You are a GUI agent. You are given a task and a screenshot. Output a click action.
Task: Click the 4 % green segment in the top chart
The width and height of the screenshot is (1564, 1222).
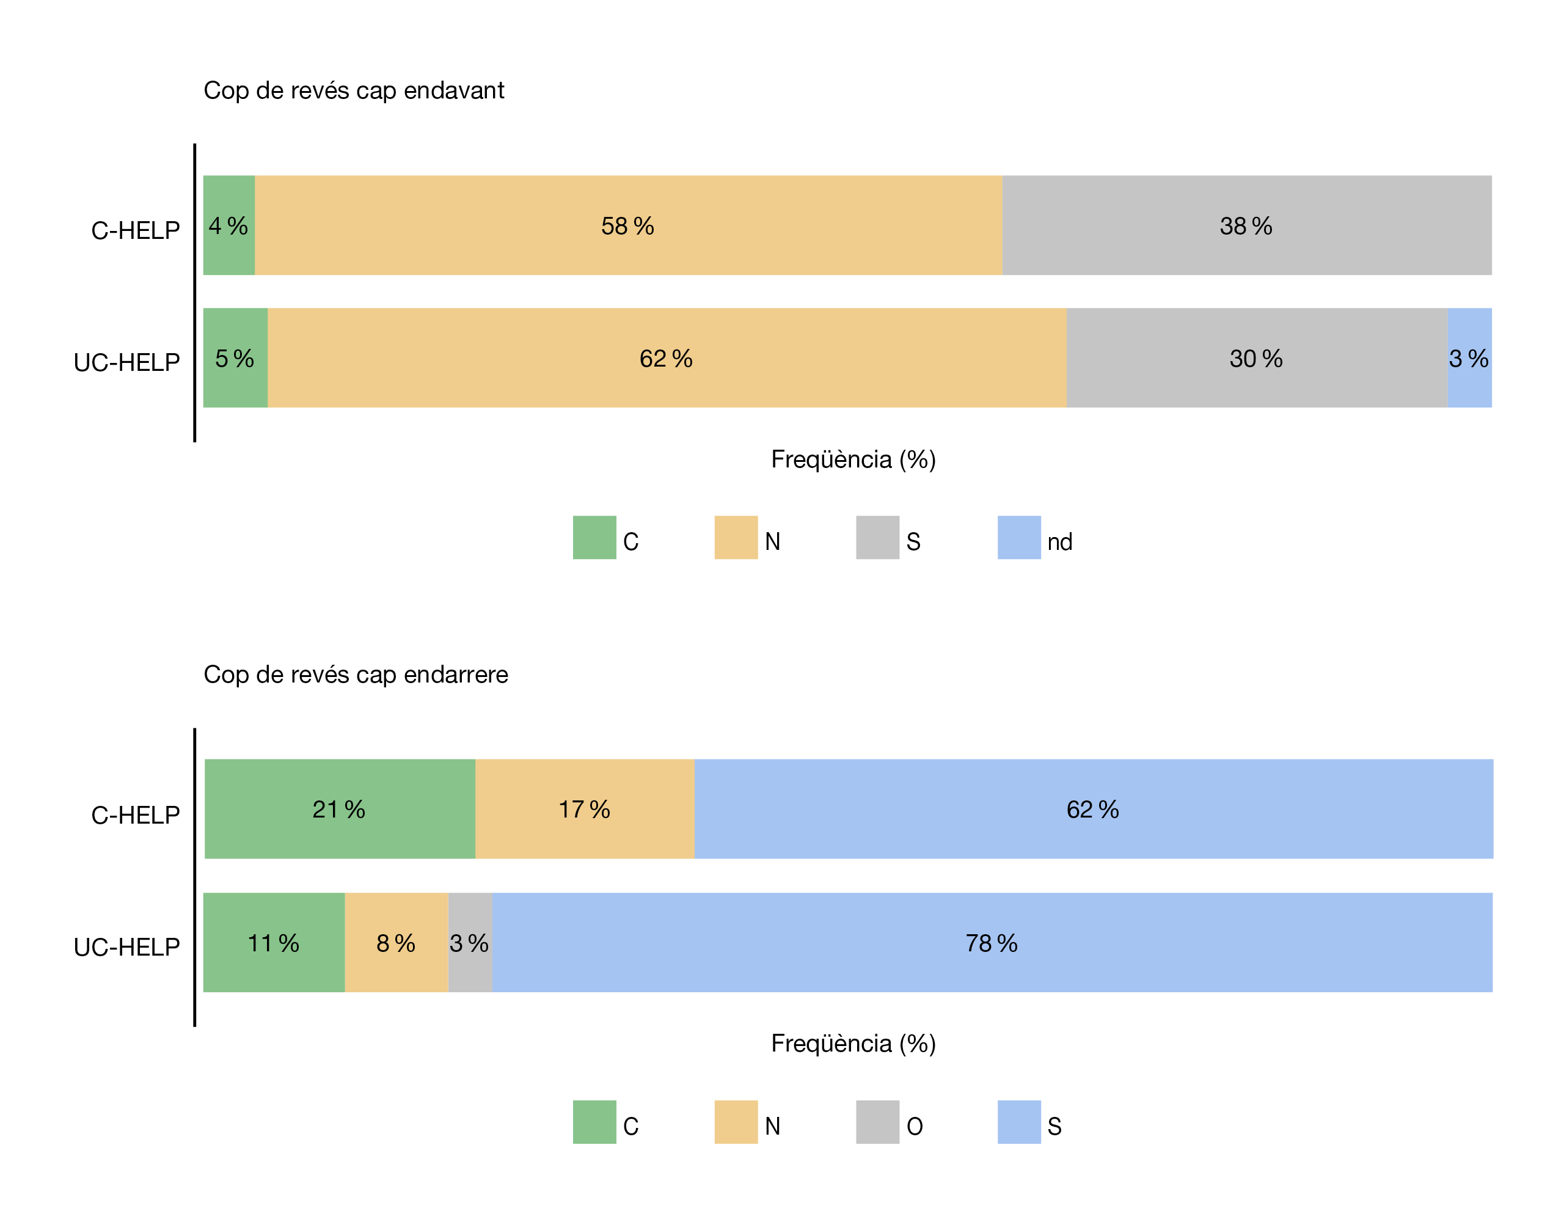coord(228,225)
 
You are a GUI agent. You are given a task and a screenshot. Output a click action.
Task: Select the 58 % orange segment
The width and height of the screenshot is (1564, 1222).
coord(628,225)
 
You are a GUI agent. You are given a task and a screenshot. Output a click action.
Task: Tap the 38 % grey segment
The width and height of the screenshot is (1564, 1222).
coord(1246,225)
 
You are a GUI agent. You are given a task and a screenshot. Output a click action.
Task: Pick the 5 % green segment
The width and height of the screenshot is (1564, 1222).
coord(235,358)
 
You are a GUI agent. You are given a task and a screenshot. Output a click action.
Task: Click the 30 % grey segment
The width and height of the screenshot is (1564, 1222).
coord(1256,358)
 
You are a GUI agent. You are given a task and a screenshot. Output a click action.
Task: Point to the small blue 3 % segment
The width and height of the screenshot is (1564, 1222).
coord(1469,358)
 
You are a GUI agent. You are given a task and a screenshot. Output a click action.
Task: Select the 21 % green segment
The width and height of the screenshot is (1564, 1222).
coord(340,809)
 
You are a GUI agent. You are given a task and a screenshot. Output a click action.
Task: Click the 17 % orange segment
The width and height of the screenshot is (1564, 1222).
coord(584,809)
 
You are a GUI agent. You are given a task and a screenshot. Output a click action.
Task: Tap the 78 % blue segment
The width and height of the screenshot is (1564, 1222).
coord(992,943)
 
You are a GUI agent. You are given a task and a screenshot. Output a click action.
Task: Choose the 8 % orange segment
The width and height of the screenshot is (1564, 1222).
coord(396,943)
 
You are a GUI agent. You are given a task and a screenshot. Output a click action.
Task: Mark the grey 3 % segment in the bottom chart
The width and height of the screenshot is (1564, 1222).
coord(470,943)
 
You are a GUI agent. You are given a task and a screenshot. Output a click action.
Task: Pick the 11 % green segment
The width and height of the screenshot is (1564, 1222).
coord(274,943)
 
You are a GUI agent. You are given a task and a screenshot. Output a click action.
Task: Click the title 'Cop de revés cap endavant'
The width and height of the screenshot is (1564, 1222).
coord(354,91)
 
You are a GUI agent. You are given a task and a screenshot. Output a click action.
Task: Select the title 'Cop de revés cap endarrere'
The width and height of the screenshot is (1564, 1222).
coord(356,675)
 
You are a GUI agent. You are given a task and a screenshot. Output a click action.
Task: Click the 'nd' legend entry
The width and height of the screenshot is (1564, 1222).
coord(1059,541)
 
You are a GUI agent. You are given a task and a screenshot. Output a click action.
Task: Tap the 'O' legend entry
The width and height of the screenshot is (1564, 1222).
coord(915,1126)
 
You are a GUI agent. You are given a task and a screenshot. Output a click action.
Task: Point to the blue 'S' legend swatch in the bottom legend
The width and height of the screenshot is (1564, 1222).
coord(1019,1122)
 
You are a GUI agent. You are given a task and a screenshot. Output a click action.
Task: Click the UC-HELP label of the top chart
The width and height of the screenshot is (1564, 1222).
coord(126,362)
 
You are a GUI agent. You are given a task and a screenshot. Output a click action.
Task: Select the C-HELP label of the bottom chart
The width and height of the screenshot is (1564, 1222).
coord(136,815)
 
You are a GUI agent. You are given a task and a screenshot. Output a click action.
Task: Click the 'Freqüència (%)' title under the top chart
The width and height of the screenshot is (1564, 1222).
coord(853,459)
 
